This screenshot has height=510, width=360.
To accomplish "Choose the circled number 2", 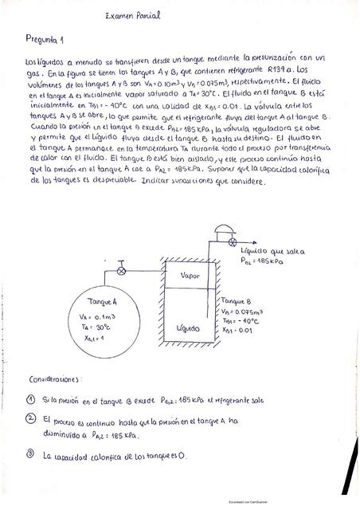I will pyautogui.click(x=30, y=418).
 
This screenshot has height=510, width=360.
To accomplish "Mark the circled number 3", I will pyautogui.click(x=30, y=455).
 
